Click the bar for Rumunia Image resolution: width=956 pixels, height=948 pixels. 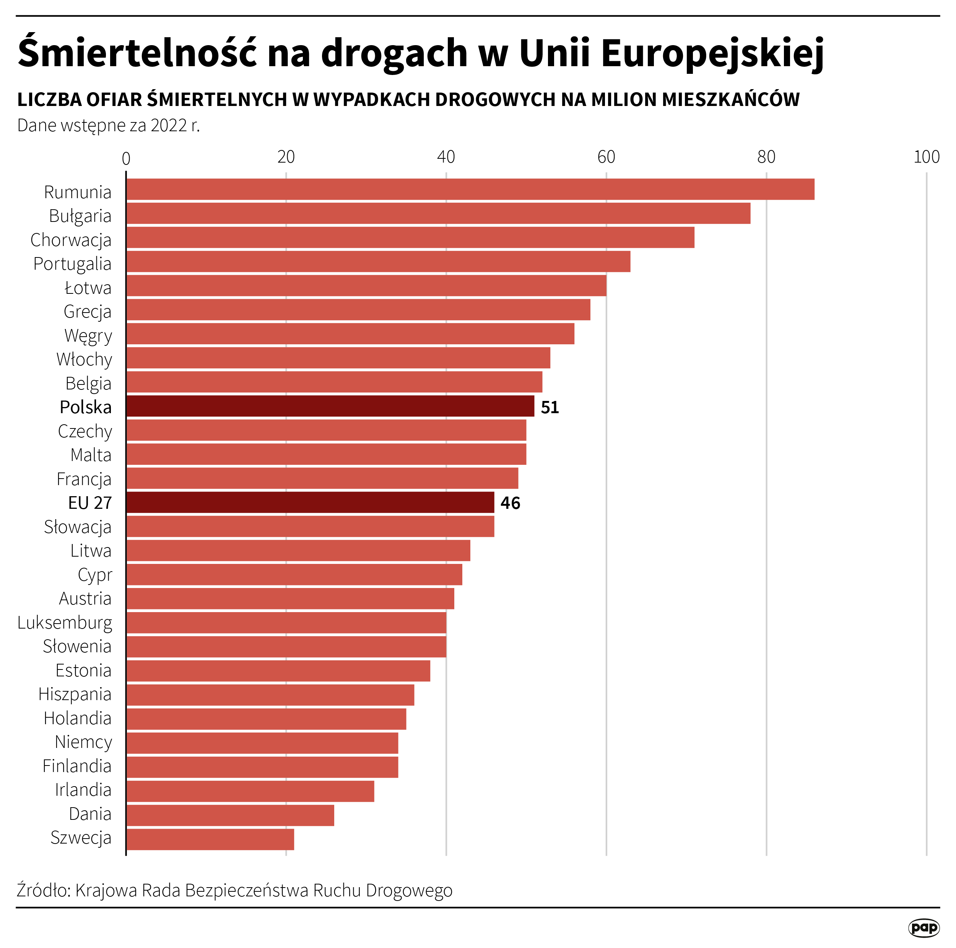(470, 189)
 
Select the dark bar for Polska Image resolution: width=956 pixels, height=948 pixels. (330, 406)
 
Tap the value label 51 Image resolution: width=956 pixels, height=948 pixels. (549, 407)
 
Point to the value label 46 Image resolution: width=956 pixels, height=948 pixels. (510, 503)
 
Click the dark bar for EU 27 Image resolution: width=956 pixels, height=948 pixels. (310, 502)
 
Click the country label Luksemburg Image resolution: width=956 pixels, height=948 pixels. (65, 622)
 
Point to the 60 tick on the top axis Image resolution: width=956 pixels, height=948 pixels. (606, 157)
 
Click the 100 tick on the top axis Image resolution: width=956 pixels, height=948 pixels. (926, 157)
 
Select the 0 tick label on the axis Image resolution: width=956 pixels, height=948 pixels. (126, 158)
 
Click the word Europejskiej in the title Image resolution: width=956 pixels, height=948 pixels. (712, 54)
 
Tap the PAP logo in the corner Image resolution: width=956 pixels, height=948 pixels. (923, 927)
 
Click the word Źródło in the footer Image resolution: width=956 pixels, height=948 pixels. (44, 889)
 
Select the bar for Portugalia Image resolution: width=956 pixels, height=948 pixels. (378, 261)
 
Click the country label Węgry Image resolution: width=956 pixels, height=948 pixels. (88, 335)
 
